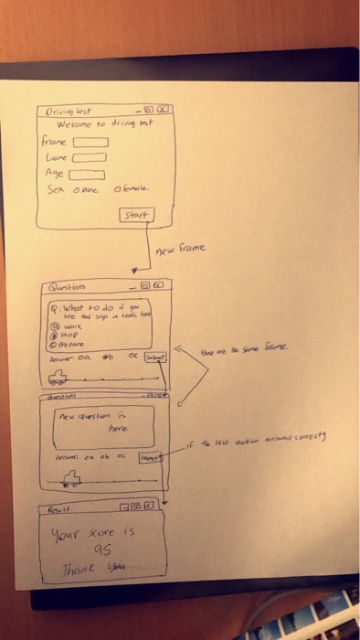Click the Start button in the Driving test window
(x=135, y=215)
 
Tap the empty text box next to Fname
(x=90, y=143)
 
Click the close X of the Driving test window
(x=164, y=111)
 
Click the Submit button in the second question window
(x=149, y=455)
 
